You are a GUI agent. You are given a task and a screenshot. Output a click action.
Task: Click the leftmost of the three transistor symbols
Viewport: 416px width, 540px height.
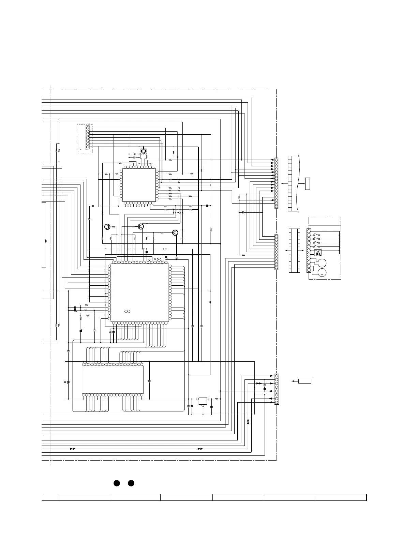(x=107, y=227)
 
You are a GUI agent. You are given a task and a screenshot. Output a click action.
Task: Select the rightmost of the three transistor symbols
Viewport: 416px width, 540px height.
(x=175, y=233)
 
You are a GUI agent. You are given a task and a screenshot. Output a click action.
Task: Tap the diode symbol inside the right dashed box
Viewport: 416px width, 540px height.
(x=318, y=253)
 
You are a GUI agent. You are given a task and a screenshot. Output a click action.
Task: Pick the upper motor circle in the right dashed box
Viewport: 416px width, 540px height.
(x=322, y=263)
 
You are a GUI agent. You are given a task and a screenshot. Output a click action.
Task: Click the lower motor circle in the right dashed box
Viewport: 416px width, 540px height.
(x=322, y=272)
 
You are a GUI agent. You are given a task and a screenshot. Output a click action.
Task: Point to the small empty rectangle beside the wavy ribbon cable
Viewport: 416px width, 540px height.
(x=308, y=183)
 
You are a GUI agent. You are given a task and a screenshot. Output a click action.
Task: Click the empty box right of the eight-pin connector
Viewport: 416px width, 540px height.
(x=304, y=381)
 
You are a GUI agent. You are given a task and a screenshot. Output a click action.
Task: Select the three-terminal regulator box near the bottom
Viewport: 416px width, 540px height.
(x=203, y=400)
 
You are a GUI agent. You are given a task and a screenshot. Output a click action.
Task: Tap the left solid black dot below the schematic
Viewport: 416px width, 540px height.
(x=116, y=483)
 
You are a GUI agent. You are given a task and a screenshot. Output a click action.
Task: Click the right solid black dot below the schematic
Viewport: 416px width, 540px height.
(x=131, y=483)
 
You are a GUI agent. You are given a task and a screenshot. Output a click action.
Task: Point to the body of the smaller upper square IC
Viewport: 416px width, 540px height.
(x=139, y=185)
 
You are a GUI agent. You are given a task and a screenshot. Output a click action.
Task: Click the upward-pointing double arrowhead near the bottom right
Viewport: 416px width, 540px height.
(x=248, y=422)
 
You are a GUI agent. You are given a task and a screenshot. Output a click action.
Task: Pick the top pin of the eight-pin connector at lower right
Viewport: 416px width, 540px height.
(x=276, y=376)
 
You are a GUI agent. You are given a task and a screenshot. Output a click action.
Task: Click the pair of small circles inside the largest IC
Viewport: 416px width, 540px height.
(x=128, y=311)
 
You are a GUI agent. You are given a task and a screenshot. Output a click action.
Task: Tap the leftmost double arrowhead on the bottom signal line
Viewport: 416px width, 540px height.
(x=73, y=449)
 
